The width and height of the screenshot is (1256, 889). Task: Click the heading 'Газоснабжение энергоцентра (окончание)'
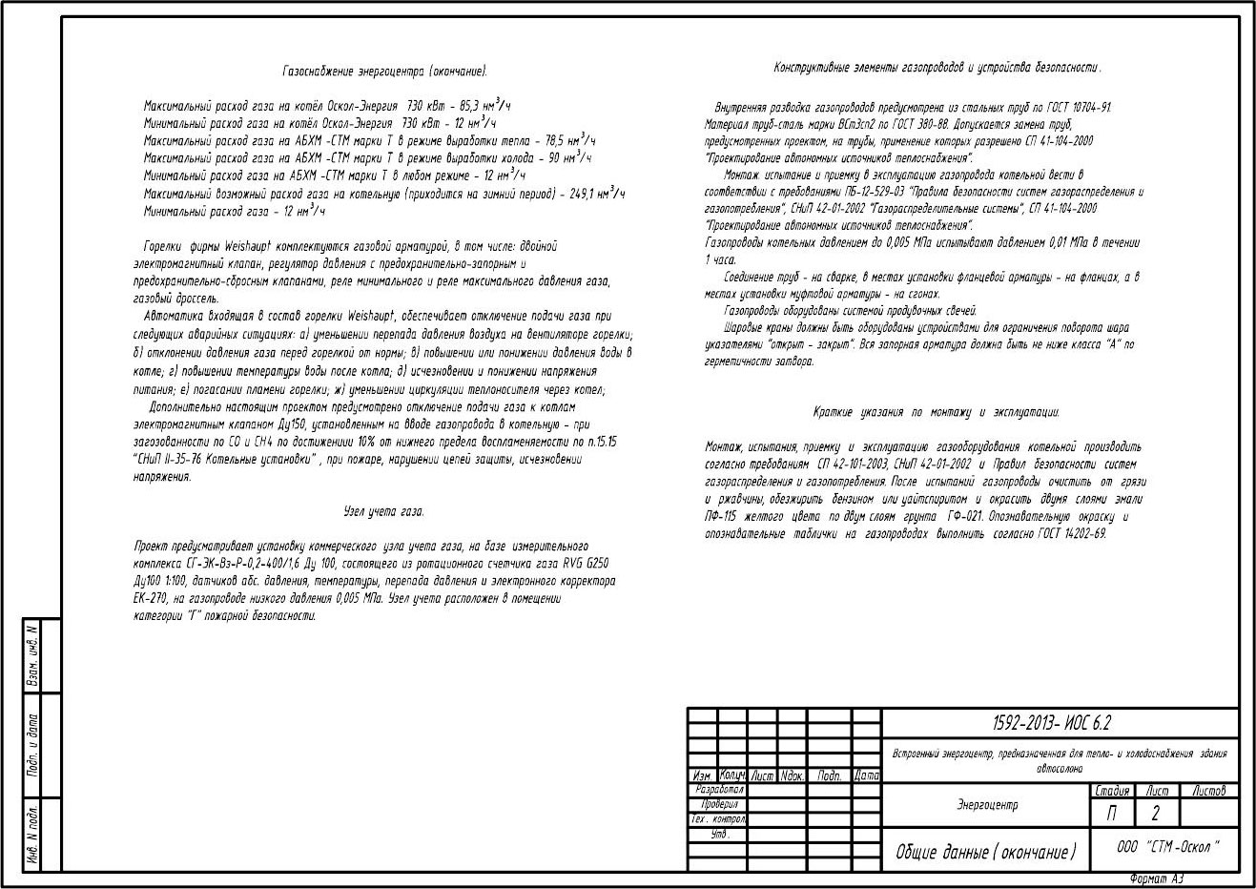click(385, 72)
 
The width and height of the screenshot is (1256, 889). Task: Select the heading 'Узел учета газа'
click(383, 511)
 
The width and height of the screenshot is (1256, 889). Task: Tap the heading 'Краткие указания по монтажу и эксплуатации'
click(937, 412)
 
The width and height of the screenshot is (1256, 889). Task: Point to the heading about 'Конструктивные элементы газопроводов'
click(937, 68)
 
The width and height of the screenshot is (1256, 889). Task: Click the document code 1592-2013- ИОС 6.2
click(1060, 724)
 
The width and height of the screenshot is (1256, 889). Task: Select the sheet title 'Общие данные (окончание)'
click(985, 852)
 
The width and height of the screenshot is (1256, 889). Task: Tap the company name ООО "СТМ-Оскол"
click(1167, 847)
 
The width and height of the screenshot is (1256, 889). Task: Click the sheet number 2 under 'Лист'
click(1155, 814)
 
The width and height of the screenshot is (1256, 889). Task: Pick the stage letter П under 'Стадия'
click(1112, 814)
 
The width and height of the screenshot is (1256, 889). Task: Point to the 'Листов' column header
click(1209, 791)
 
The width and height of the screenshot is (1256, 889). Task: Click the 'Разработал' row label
click(720, 791)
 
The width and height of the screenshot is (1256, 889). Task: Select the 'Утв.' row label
click(720, 835)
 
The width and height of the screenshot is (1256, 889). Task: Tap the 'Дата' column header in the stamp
click(866, 775)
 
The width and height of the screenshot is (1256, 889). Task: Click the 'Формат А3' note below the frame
click(1155, 879)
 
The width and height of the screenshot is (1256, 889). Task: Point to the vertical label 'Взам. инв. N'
click(32, 655)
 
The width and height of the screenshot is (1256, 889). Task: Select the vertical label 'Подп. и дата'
click(32, 744)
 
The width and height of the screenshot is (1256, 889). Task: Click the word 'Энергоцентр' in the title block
click(987, 805)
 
